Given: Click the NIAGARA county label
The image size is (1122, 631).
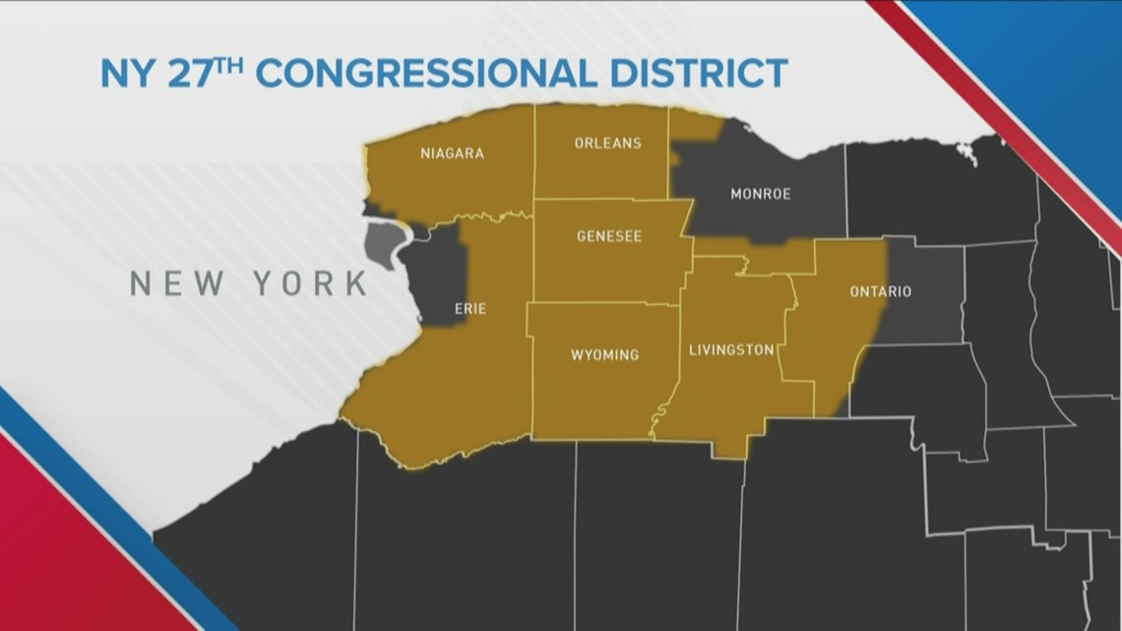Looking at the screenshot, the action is click(452, 154).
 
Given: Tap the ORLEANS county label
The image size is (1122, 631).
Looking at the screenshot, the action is click(607, 143).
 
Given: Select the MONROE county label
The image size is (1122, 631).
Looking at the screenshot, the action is click(760, 194).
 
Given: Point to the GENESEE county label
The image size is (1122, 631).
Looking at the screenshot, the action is click(608, 236).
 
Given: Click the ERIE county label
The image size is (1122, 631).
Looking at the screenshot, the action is click(469, 308).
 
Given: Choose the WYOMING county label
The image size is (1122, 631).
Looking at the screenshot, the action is click(604, 354).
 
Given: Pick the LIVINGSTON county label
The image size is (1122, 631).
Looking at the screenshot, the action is click(730, 349).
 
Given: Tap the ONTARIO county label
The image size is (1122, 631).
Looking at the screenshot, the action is click(880, 291).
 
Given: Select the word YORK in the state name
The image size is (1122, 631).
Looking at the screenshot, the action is click(311, 284).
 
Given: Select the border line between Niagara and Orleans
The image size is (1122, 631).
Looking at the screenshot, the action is click(534, 153).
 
